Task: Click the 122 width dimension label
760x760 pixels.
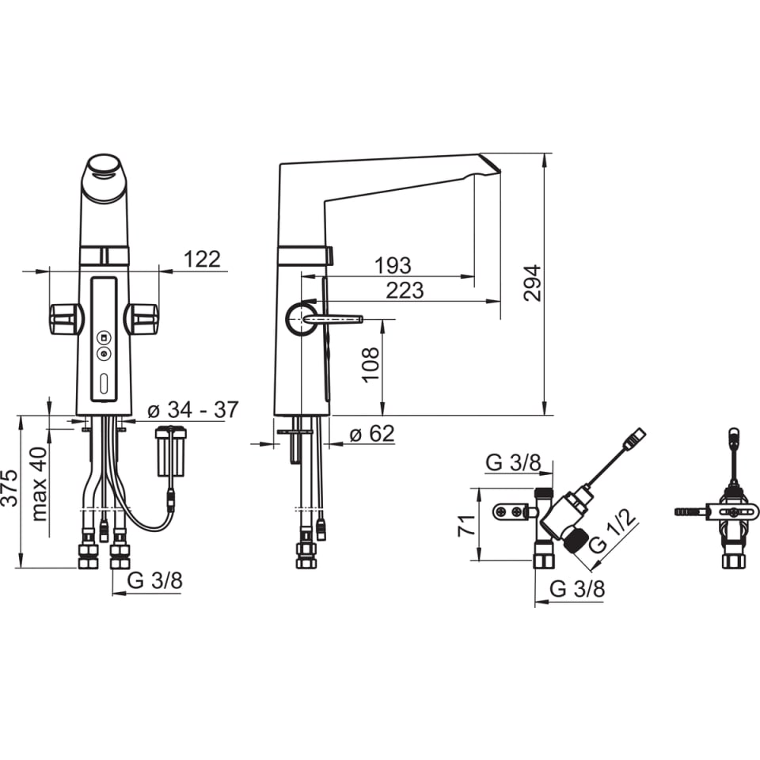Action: pyautogui.click(x=202, y=260)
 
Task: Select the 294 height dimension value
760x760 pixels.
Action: pyautogui.click(x=532, y=283)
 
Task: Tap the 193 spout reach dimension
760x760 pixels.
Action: pyautogui.click(x=393, y=265)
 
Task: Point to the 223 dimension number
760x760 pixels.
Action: pyautogui.click(x=405, y=291)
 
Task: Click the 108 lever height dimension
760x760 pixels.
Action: pyautogui.click(x=370, y=364)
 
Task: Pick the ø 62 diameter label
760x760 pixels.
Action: pyautogui.click(x=372, y=433)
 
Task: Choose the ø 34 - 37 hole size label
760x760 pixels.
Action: pyautogui.click(x=193, y=409)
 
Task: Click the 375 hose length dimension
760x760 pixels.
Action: pyautogui.click(x=9, y=488)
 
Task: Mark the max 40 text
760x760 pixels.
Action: pyautogui.click(x=39, y=484)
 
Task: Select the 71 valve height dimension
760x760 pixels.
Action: pyautogui.click(x=467, y=526)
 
